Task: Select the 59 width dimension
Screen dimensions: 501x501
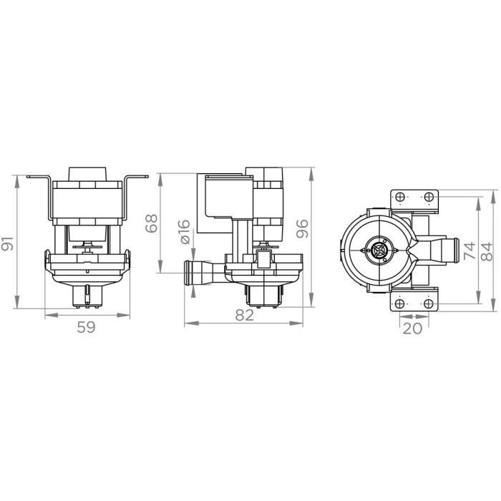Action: point(86,328)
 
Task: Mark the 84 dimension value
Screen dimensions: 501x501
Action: point(487,250)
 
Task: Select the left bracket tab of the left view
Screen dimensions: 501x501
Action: point(36,176)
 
